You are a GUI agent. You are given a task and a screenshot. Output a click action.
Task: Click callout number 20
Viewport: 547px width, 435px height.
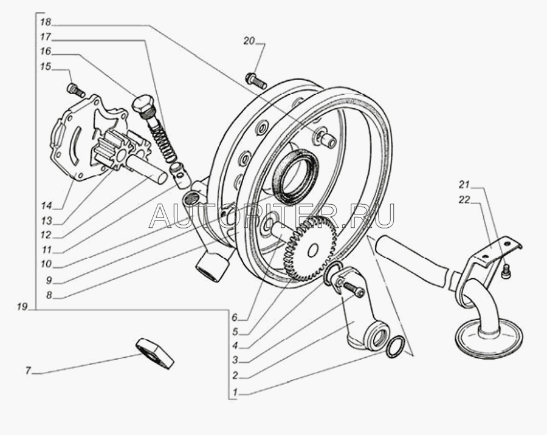pos(249,41)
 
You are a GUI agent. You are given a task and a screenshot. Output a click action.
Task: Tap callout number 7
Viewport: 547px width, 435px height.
pos(28,371)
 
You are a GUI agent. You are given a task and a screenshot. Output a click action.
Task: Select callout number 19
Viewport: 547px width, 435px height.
pos(22,307)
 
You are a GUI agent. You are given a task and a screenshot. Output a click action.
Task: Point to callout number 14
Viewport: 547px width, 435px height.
pos(46,206)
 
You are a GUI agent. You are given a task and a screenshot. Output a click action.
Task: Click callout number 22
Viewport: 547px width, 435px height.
pos(464,200)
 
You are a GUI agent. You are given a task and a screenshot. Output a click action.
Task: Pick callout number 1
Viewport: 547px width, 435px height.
pos(235,392)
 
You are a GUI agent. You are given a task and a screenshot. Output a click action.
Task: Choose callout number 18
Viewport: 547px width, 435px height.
pos(46,22)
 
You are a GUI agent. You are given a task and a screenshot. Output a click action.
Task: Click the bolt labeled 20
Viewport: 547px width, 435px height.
pos(256,81)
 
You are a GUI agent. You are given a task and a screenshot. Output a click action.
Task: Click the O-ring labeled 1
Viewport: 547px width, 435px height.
pos(396,347)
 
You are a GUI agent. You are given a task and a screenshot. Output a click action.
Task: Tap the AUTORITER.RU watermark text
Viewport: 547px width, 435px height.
pos(272,216)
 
